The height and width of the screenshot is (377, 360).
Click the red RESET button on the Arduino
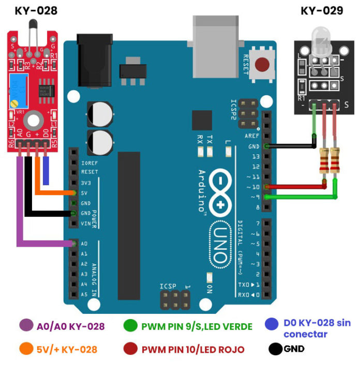(x=263, y=65)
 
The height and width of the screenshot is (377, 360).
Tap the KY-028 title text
(x=36, y=10)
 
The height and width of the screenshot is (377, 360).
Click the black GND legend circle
(x=275, y=349)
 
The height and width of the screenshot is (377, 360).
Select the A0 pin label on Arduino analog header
(x=85, y=244)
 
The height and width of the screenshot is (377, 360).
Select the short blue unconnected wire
(x=46, y=171)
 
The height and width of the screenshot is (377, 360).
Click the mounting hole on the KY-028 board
(x=34, y=120)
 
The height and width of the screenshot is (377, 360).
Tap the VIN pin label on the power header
(x=86, y=223)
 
